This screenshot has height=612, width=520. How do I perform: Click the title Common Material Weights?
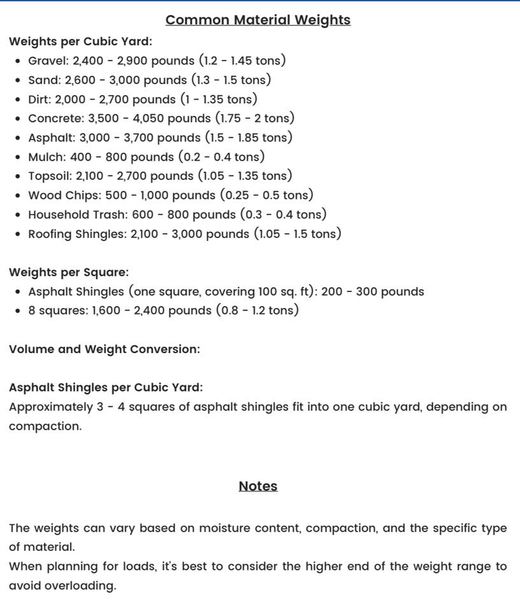point(257,20)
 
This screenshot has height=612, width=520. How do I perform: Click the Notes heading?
point(257,486)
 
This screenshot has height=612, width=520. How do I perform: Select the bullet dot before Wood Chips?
point(18,196)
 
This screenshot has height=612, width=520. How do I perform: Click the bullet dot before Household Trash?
point(18,215)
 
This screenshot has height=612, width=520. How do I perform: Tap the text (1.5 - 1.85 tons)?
point(249,138)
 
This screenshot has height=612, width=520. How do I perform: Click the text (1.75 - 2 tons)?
point(255,119)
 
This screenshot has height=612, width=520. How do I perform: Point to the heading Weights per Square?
point(69,273)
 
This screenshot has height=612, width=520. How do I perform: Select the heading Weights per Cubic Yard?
point(80,42)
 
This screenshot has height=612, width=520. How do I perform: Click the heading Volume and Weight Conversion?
point(104,349)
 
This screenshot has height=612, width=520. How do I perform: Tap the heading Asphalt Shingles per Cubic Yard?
point(106,388)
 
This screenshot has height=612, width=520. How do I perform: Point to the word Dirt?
point(40,99)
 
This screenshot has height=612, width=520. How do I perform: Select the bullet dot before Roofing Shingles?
point(18,234)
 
